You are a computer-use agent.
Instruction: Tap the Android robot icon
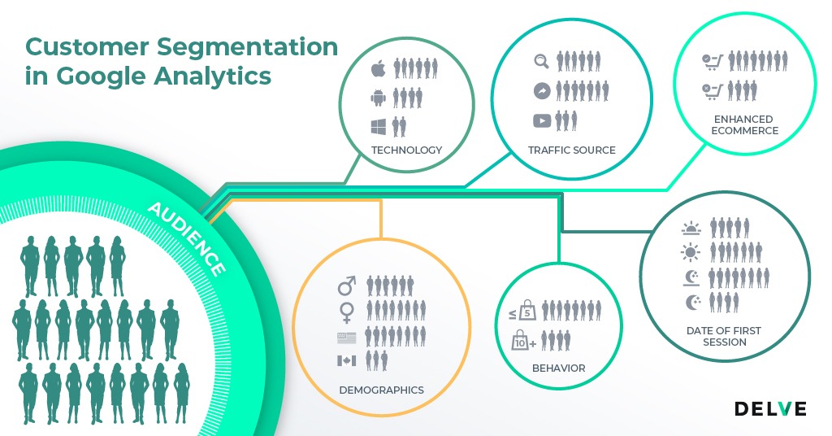pyautogui.click(x=378, y=98)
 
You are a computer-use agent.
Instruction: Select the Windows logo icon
pyautogui.click(x=378, y=127)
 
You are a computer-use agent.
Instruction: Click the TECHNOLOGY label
pyautogui.click(x=406, y=150)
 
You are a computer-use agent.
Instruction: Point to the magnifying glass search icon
pyautogui.click(x=541, y=61)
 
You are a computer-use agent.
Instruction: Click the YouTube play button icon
pyautogui.click(x=541, y=121)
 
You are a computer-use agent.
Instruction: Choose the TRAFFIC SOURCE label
pyautogui.click(x=572, y=150)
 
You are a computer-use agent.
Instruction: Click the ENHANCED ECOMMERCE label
pyautogui.click(x=743, y=125)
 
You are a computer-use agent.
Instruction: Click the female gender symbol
pyautogui.click(x=347, y=310)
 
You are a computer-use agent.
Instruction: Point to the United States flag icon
pyautogui.click(x=347, y=336)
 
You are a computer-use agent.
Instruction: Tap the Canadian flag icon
pyautogui.click(x=347, y=360)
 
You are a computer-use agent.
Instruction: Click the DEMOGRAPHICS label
pyautogui.click(x=381, y=390)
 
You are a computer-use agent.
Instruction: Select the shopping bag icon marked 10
pyautogui.click(x=522, y=341)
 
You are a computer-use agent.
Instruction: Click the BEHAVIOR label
pyautogui.click(x=558, y=368)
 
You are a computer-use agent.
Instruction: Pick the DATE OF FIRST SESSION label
pyautogui.click(x=724, y=337)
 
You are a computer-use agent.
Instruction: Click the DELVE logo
pyautogui.click(x=770, y=408)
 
